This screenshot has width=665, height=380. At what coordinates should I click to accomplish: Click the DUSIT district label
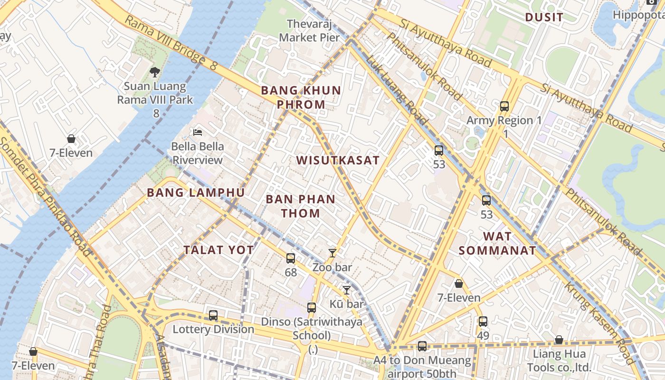pos(544,18)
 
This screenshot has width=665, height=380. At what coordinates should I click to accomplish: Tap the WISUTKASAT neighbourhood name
pos(338,160)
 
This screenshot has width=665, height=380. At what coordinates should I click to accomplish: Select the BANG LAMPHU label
pos(196,192)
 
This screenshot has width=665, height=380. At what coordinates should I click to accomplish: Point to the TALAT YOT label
pos(219,250)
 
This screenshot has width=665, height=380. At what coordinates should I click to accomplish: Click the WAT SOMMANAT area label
pos(497,243)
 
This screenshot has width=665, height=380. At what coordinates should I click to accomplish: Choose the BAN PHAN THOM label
pos(301,206)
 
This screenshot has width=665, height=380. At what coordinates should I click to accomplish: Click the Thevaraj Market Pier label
pos(309,30)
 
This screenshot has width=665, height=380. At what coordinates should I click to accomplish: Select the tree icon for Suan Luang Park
pos(154,72)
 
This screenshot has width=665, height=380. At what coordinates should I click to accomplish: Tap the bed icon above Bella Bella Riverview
pos(198,132)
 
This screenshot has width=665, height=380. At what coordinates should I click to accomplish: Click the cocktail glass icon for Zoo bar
pos(332,253)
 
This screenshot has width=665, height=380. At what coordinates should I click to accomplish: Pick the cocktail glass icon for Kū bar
pos(347,290)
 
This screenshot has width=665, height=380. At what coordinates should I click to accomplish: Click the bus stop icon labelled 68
pos(291,258)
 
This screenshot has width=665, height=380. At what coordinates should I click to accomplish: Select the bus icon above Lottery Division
pos(213,315)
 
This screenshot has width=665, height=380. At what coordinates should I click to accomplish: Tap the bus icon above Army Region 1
pos(504,106)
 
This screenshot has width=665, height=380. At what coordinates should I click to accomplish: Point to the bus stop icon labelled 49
pos(483,322)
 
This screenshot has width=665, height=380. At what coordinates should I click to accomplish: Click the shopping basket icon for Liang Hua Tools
pos(559,340)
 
